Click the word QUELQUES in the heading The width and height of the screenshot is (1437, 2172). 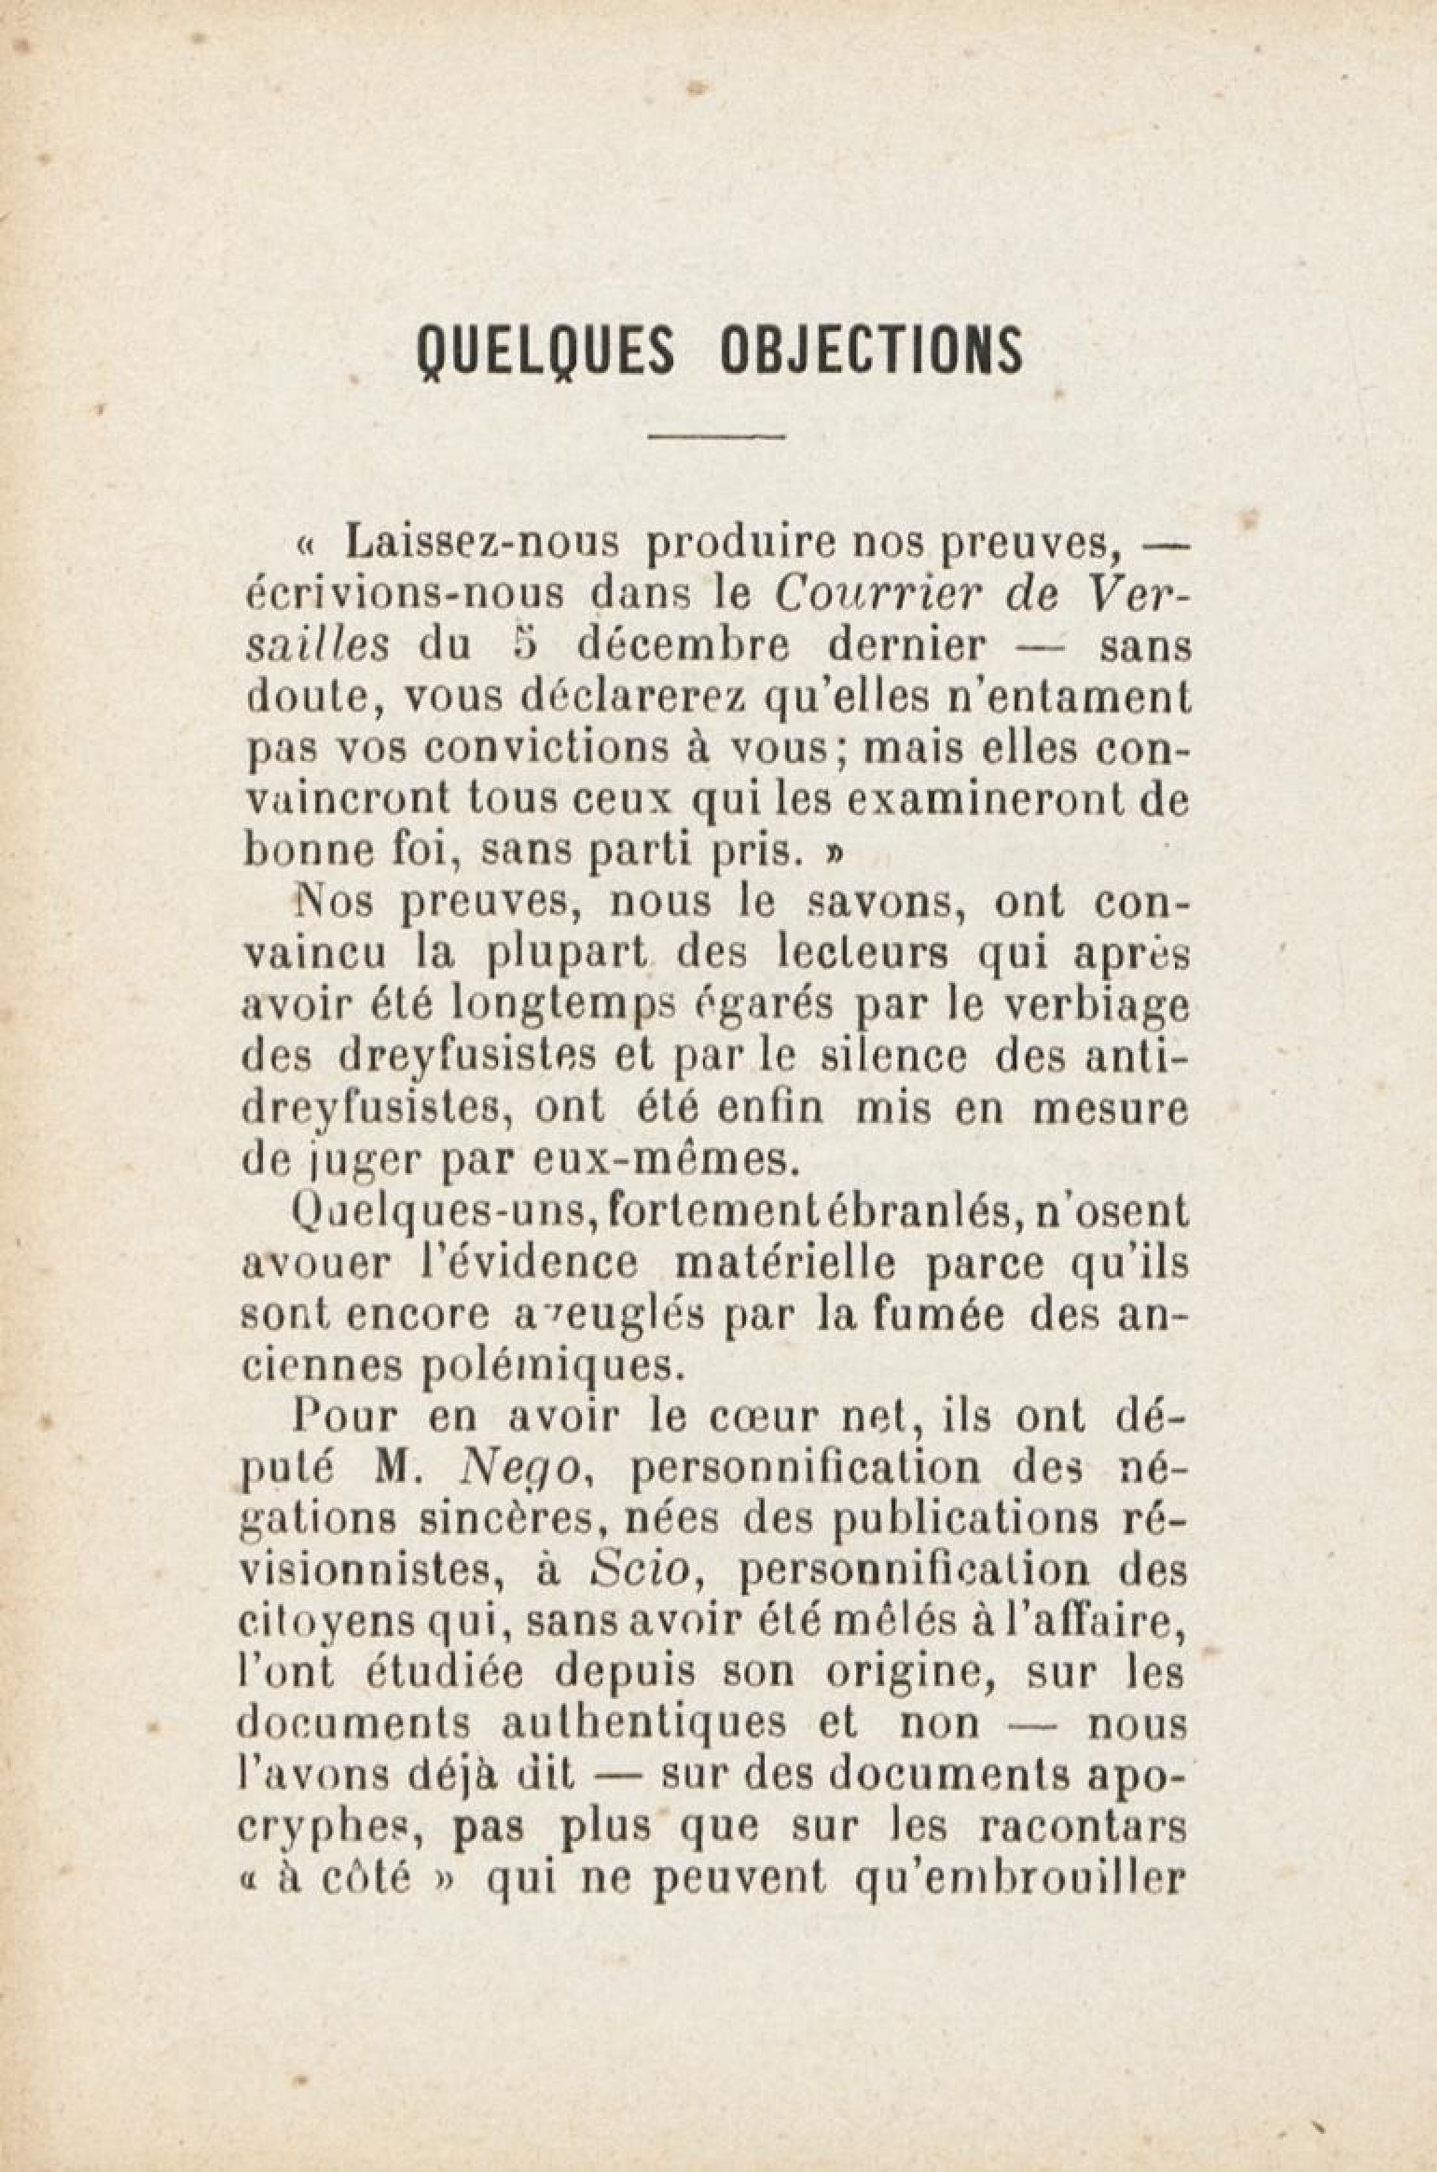544,349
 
